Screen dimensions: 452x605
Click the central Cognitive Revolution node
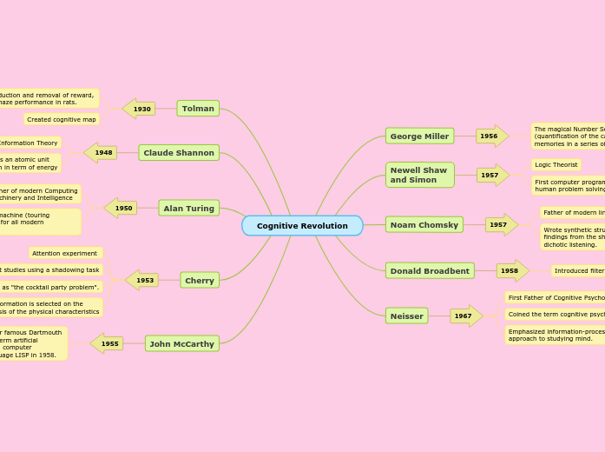302,226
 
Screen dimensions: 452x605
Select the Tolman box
198,109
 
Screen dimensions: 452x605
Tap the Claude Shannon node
179,153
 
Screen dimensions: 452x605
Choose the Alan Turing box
188,208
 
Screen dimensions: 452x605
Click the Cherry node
200,280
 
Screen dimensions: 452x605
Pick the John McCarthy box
182,343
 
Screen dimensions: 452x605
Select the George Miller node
419,136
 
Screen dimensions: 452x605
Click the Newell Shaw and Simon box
419,175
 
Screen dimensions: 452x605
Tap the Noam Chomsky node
424,224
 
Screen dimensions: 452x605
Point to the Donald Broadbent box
430,270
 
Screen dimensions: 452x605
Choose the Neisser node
406,316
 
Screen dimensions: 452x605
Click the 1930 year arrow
140,109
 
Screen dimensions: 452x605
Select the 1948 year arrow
102,153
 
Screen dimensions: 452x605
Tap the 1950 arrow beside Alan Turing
122,208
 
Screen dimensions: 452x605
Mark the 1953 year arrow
142,280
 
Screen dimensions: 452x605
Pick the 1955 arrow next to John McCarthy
108,343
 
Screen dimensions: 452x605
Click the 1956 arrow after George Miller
491,136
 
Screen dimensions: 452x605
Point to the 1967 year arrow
465,316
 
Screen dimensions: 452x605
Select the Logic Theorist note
556,164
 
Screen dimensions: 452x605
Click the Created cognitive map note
61,119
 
